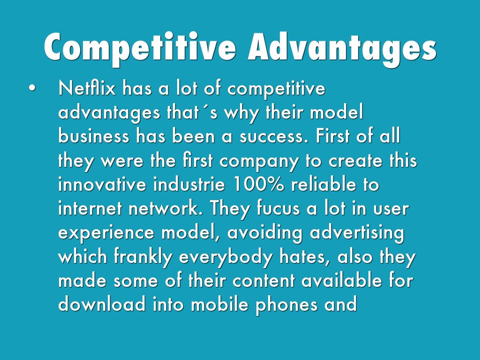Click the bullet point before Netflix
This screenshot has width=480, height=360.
(x=32, y=88)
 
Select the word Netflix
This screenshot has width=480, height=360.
(x=87, y=88)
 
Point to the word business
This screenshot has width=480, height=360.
(x=94, y=136)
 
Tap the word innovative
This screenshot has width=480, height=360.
(x=102, y=184)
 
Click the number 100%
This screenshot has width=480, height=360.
(x=258, y=184)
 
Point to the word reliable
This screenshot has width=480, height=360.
(x=323, y=184)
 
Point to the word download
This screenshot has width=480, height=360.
(x=102, y=305)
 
